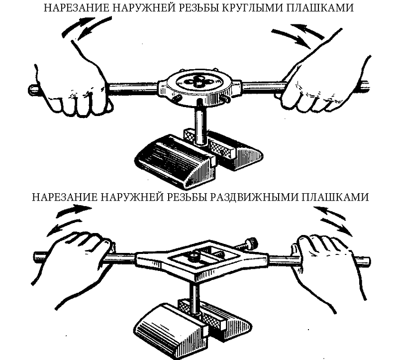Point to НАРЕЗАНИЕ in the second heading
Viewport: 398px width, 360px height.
click(64, 197)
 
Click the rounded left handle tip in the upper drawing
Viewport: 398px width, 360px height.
click(32, 89)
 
